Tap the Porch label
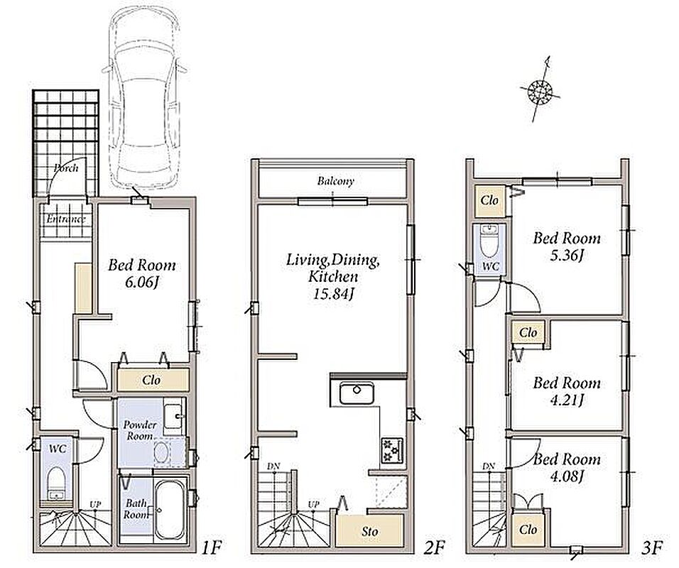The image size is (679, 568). (66, 168)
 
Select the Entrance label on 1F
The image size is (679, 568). (66, 219)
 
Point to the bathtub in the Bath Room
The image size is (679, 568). (170, 508)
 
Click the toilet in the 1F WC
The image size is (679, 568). (56, 483)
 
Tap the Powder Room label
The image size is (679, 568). (140, 430)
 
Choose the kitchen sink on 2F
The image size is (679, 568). (357, 393)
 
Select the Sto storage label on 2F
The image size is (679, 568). (370, 531)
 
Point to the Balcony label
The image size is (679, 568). (336, 181)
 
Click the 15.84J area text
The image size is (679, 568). (333, 295)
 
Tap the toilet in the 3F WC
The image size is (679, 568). (490, 242)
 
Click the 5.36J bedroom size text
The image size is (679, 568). (567, 256)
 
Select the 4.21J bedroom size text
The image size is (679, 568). (567, 400)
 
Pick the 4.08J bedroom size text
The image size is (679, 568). (567, 476)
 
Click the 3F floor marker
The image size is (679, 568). (652, 549)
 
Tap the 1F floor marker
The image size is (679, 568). (212, 549)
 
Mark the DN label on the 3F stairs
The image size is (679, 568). (489, 466)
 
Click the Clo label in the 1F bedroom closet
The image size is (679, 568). (151, 380)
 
